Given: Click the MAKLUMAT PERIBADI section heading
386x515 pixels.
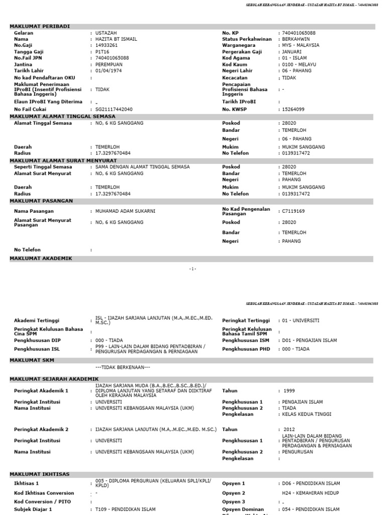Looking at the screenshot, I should [40, 26].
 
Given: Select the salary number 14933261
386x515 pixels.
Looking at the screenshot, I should [107, 45].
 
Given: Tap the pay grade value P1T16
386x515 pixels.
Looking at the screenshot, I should [102, 52].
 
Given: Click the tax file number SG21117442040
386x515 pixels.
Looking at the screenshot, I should [114, 109].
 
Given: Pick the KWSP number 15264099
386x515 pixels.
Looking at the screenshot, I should [293, 109].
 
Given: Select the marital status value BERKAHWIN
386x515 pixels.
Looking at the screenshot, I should [296, 39].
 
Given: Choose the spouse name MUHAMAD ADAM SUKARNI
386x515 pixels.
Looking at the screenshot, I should [125, 211].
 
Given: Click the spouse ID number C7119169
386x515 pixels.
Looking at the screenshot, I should [294, 211].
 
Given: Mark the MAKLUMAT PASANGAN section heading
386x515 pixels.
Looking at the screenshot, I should [41, 201].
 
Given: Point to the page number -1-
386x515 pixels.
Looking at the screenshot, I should [193, 269].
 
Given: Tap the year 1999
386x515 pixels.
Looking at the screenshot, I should [289, 391].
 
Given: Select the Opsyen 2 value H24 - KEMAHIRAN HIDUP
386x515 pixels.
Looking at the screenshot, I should [311, 493].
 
